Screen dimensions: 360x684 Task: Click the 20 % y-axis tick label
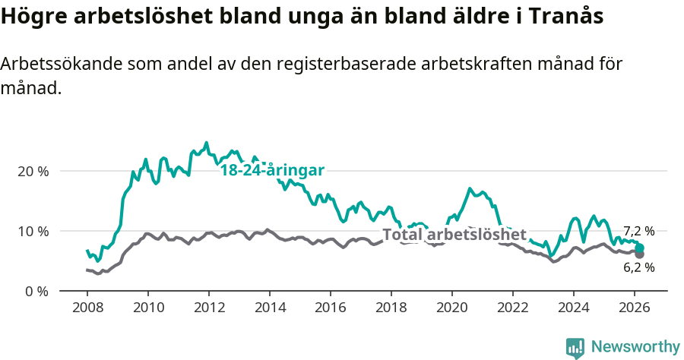(x=32, y=171)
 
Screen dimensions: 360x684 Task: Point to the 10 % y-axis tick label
(x=32, y=231)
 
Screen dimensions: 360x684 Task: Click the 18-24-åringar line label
(x=272, y=169)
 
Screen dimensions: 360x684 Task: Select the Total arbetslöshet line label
(x=454, y=235)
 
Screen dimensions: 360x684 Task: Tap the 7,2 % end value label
(x=638, y=231)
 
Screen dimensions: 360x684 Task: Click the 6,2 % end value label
(x=638, y=267)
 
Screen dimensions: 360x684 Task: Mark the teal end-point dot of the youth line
(x=640, y=248)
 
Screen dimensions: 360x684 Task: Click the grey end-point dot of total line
(x=639, y=254)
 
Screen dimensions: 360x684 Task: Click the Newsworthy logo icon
(x=575, y=347)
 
